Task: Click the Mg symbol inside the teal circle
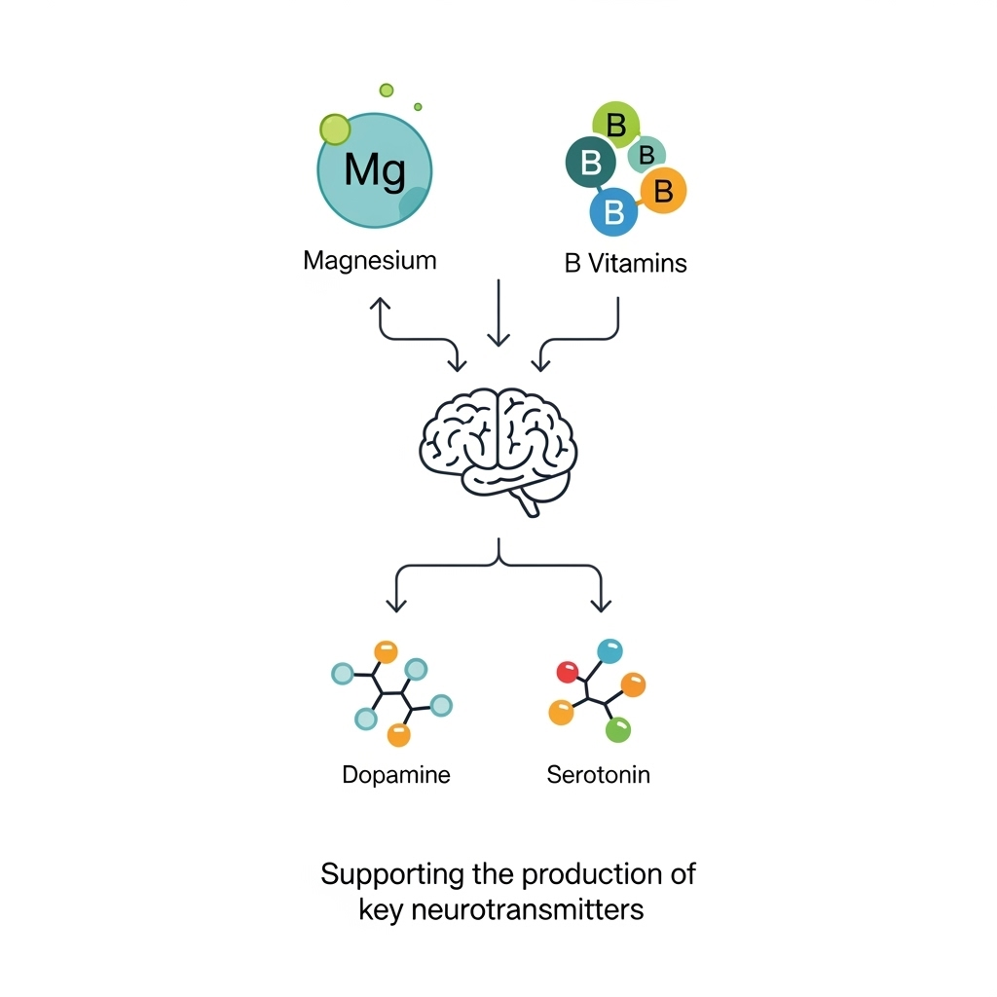coord(374,169)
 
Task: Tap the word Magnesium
coord(370,261)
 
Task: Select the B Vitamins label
coord(625,263)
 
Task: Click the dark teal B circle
coord(590,163)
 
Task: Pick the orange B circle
coord(663,191)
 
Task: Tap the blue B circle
coord(613,211)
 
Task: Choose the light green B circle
coord(615,125)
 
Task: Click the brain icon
coord(498,444)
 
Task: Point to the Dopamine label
coord(396,775)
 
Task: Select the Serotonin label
coord(599,775)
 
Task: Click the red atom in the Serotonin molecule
coord(567,671)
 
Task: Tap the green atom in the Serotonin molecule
coord(618,729)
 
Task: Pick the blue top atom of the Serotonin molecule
coord(609,650)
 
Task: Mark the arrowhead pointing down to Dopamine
coord(395,606)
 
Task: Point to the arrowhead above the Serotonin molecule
coord(601,606)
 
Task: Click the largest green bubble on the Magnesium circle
coord(334,129)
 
